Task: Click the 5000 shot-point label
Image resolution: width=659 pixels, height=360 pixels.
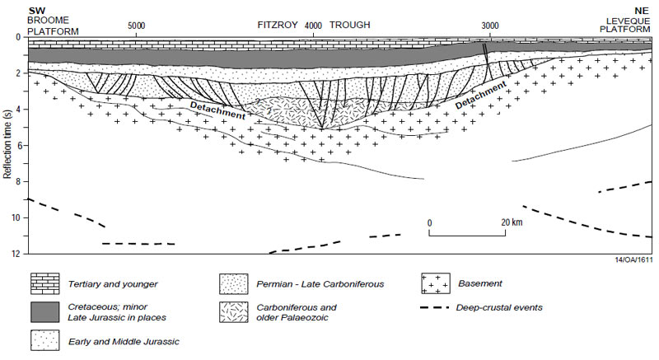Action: click(137, 26)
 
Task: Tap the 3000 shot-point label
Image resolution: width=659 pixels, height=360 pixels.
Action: click(490, 26)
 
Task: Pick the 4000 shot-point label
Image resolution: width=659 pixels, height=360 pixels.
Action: click(313, 26)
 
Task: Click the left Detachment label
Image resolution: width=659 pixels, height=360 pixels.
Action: click(217, 110)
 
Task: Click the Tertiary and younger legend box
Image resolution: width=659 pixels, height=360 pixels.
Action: click(46, 284)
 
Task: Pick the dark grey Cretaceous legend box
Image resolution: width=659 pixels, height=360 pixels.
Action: click(46, 311)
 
